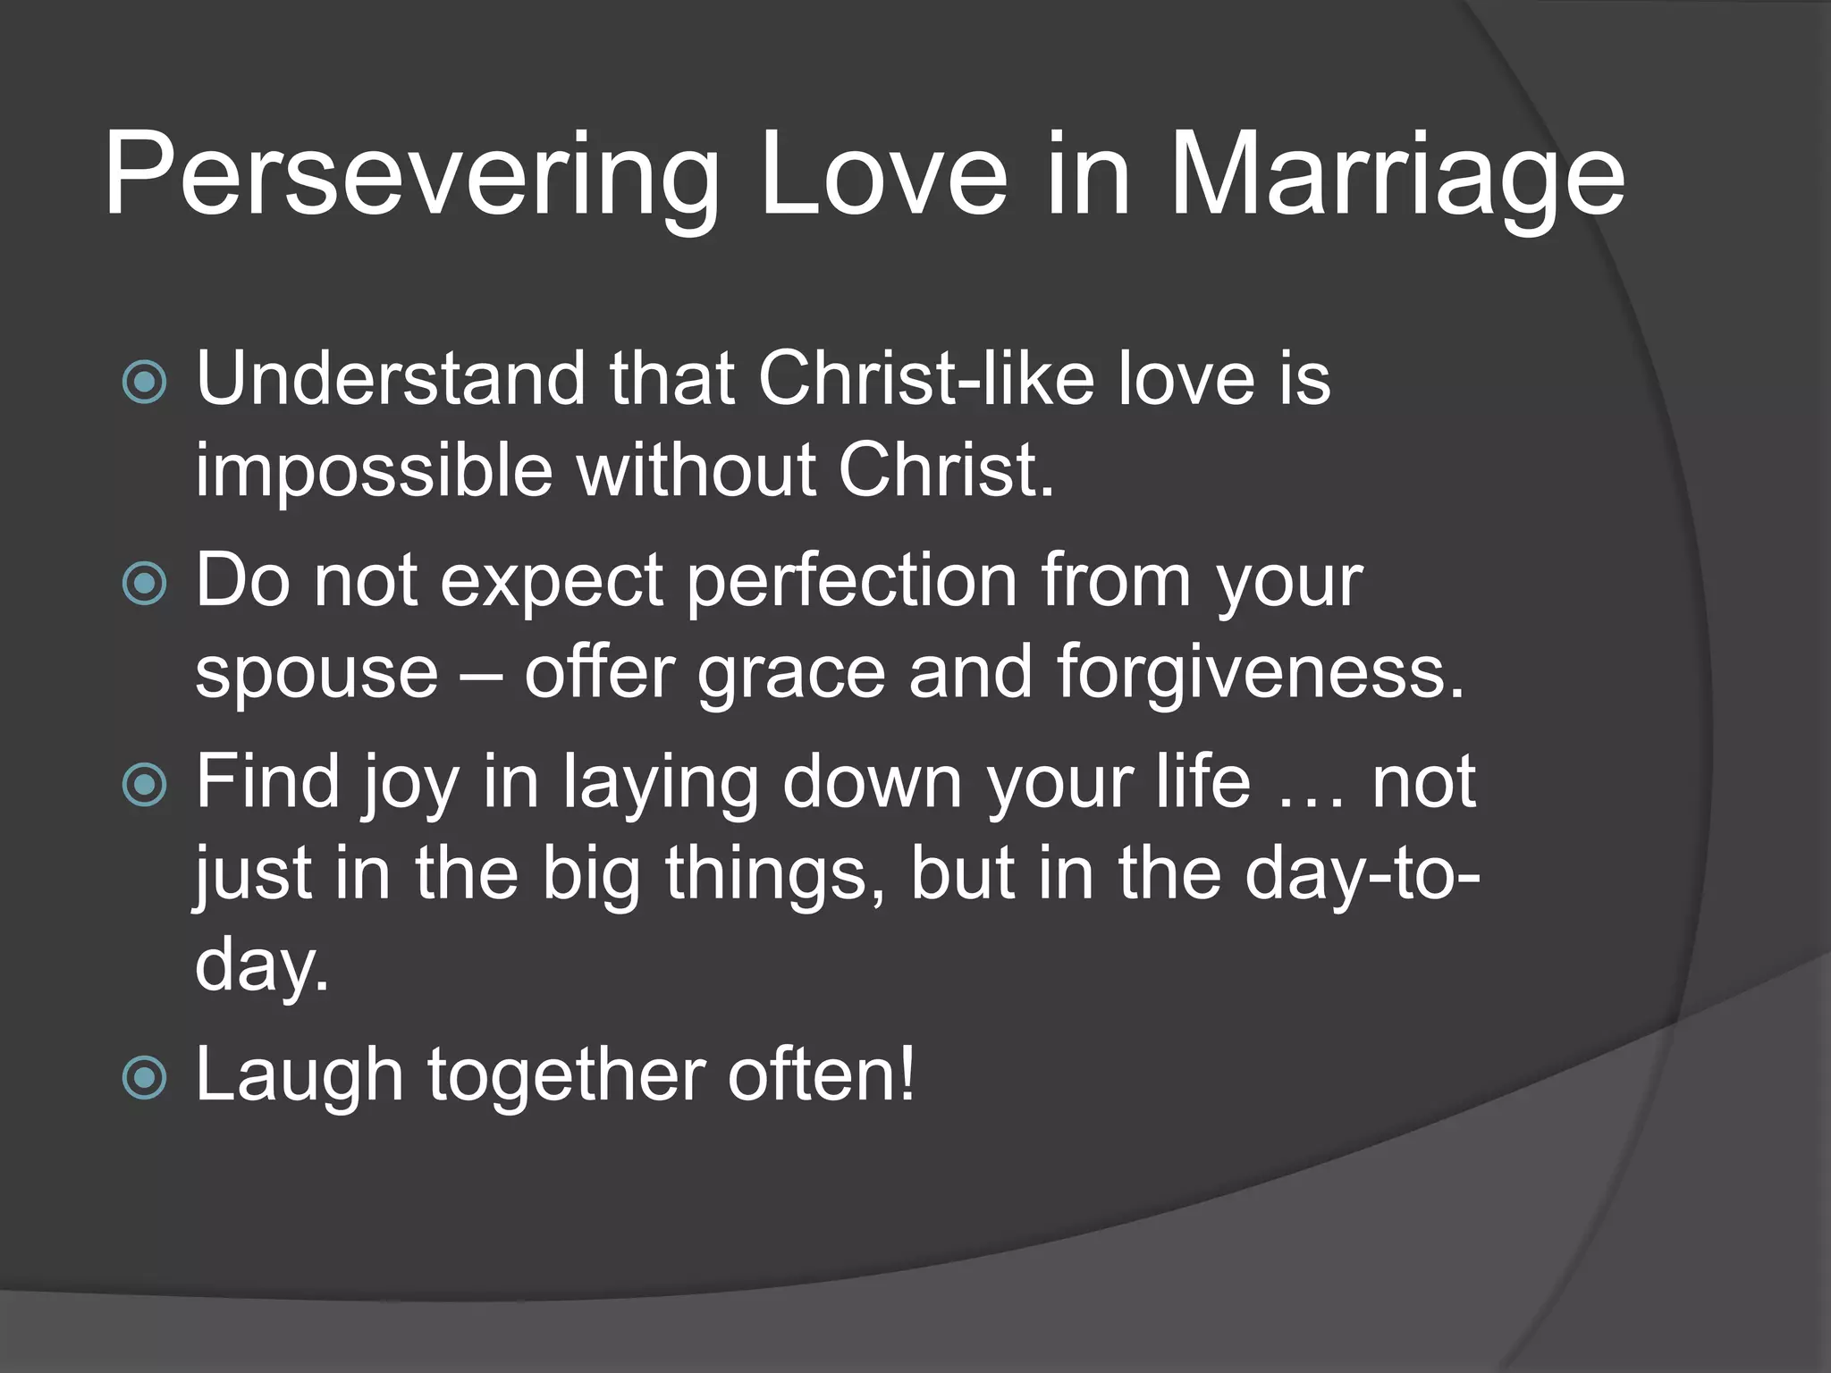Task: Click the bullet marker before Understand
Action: [144, 383]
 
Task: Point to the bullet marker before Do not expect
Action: [144, 585]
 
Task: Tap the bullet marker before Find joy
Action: [144, 786]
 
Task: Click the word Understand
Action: [390, 378]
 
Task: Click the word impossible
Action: [374, 471]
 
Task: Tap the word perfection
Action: [852, 581]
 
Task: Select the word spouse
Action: [316, 672]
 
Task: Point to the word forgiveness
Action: [1261, 672]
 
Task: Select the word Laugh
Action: [300, 1075]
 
